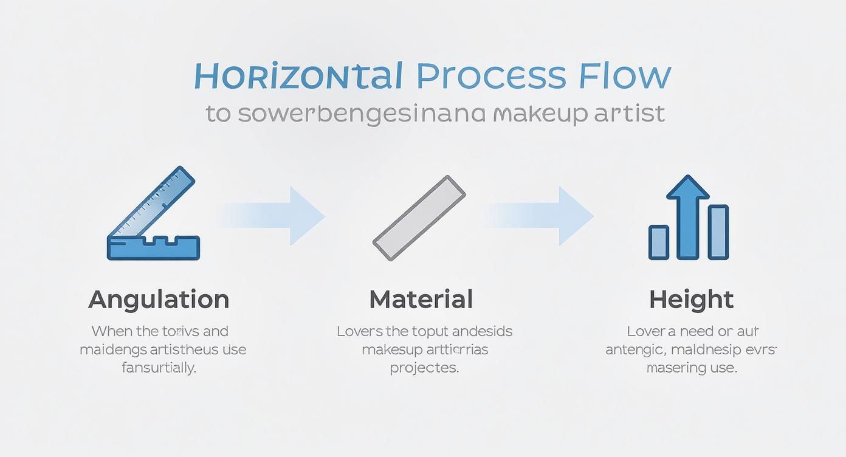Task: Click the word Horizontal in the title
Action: point(298,76)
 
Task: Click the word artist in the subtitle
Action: point(630,113)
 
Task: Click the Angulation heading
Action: point(159,300)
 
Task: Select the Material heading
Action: point(421,300)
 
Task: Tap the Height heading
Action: point(691,300)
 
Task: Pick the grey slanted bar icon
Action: point(419,218)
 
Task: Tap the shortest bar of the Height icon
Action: point(659,242)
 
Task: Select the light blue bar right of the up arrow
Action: point(718,232)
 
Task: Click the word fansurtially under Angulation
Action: point(159,368)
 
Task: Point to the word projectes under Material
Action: point(424,368)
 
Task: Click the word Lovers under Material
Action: point(360,332)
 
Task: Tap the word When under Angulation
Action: point(111,332)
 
